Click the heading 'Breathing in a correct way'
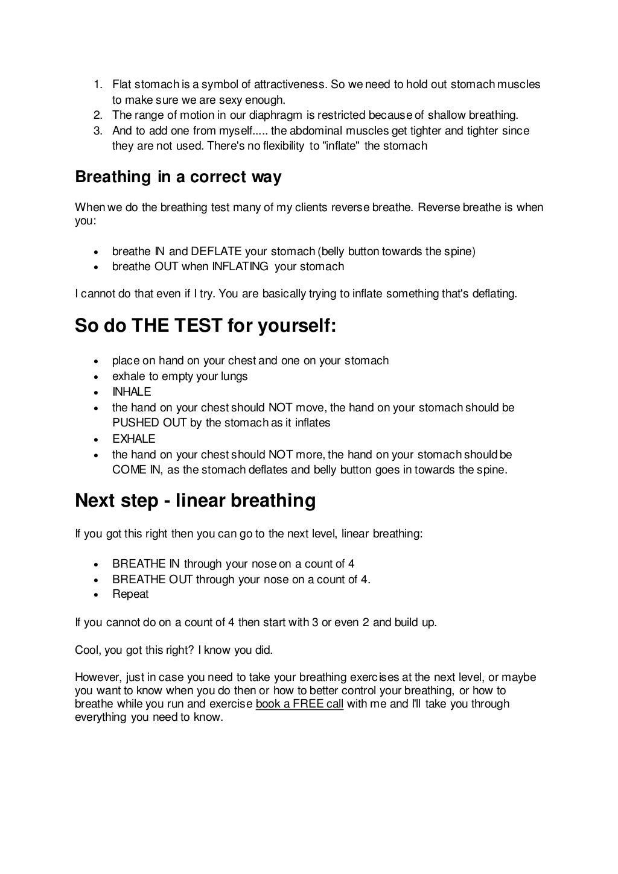tap(178, 177)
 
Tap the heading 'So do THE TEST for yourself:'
tap(205, 326)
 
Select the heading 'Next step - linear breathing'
tap(195, 501)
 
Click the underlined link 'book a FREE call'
tap(299, 704)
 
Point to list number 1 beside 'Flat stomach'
tap(98, 84)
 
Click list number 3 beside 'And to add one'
tap(98, 131)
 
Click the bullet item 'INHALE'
tap(132, 392)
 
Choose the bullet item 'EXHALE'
tap(133, 439)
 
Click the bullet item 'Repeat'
tap(130, 594)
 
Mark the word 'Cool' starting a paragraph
tap(88, 650)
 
